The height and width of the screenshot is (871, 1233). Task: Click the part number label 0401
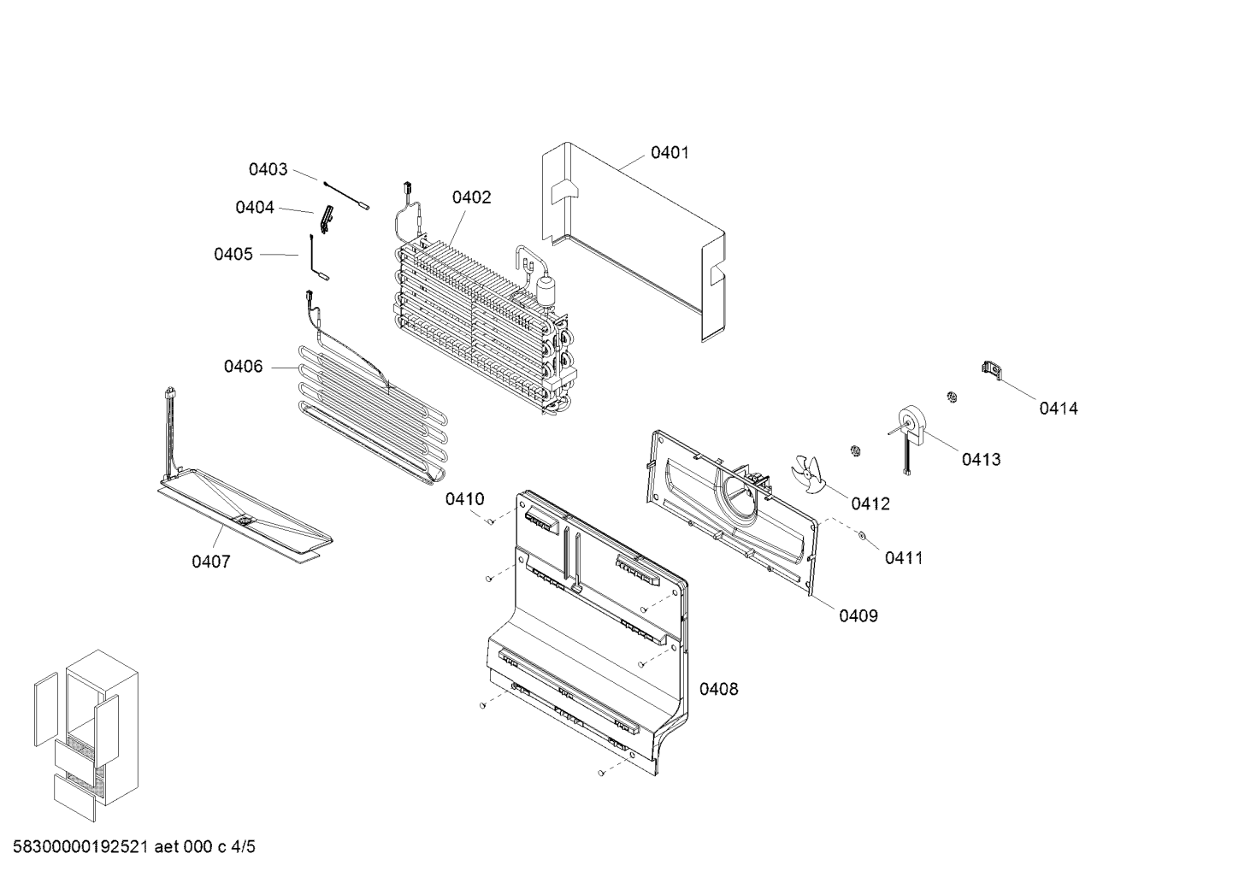tap(670, 152)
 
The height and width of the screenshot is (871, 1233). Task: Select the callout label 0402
tap(471, 197)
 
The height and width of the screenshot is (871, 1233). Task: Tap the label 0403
tap(268, 169)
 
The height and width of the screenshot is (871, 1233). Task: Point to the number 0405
tap(233, 254)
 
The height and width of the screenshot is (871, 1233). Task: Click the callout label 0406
tap(244, 367)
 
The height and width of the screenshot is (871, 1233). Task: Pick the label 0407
tap(211, 562)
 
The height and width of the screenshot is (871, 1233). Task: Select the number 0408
tap(719, 689)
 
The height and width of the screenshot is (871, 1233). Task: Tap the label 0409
tap(858, 615)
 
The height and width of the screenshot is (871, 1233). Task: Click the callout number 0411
tap(904, 558)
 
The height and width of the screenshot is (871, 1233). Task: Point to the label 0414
tap(1059, 409)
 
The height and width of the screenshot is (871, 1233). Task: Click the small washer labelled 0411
tap(861, 534)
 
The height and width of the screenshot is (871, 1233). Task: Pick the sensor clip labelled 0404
tap(327, 219)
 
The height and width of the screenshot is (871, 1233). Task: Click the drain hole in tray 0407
tap(243, 518)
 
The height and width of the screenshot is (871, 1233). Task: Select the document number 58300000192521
tap(81, 846)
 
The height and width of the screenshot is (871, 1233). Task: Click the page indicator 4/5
tap(243, 846)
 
